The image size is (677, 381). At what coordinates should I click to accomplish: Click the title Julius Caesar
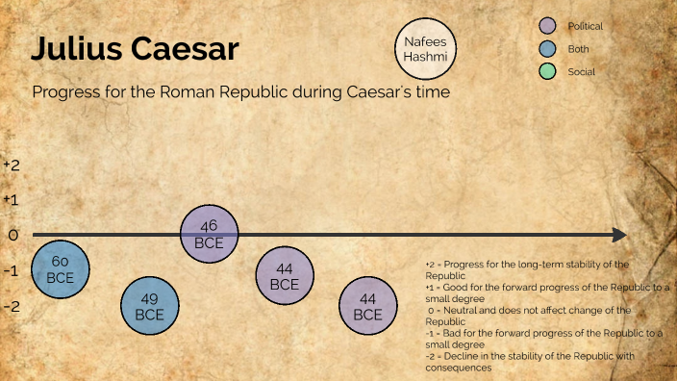pyautogui.click(x=135, y=49)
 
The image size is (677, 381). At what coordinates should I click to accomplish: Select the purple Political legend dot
pyautogui.click(x=549, y=27)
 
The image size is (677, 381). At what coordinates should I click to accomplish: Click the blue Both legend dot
pyautogui.click(x=549, y=49)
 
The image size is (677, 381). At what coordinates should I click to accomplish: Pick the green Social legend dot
pyautogui.click(x=549, y=71)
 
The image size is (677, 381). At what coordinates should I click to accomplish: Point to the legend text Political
pyautogui.click(x=585, y=27)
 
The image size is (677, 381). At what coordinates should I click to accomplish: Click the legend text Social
pyautogui.click(x=580, y=71)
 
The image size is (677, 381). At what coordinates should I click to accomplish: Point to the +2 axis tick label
pyautogui.click(x=12, y=165)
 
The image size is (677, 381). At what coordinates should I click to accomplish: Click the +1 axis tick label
pyautogui.click(x=12, y=200)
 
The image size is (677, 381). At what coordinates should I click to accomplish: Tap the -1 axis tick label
pyautogui.click(x=12, y=270)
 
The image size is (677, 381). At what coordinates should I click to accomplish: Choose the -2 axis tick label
pyautogui.click(x=12, y=306)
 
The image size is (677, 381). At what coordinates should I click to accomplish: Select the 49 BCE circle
pyautogui.click(x=149, y=306)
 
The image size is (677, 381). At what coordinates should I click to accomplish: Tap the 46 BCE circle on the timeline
pyautogui.click(x=209, y=234)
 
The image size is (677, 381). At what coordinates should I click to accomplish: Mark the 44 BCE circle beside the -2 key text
pyautogui.click(x=367, y=306)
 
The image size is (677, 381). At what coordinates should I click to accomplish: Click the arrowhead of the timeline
pyautogui.click(x=620, y=235)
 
